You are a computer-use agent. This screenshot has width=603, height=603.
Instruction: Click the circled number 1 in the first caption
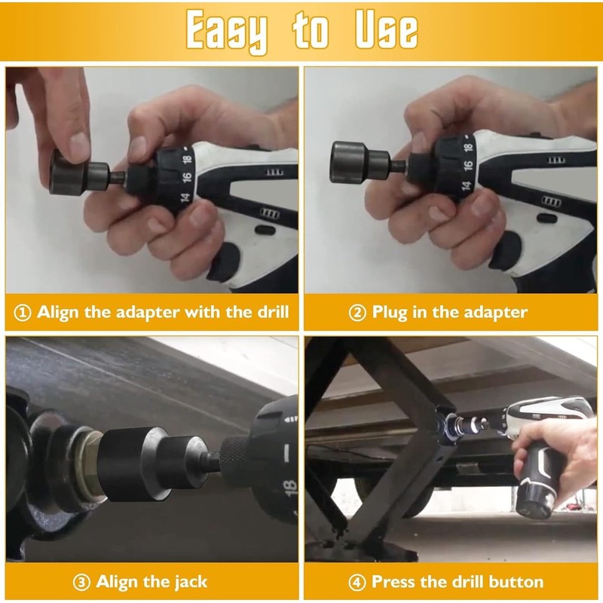click(x=23, y=312)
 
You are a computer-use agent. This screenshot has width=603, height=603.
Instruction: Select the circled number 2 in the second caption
click(x=357, y=312)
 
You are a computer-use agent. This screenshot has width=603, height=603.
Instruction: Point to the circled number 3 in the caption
click(x=82, y=582)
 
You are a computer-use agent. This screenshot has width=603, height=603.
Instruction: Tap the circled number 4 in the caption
click(x=357, y=582)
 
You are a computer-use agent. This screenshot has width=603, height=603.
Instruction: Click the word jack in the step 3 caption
click(x=188, y=582)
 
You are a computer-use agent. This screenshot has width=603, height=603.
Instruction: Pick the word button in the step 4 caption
click(x=514, y=582)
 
